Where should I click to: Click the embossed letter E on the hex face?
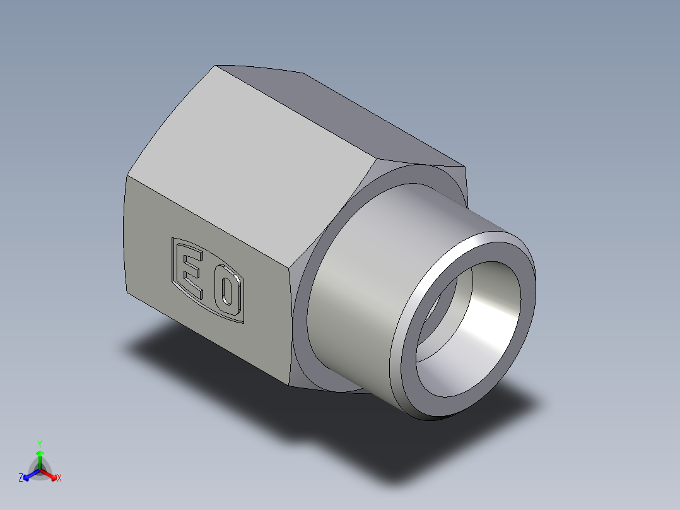(x=192, y=274)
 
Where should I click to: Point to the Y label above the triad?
(x=40, y=443)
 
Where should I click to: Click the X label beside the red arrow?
(x=59, y=478)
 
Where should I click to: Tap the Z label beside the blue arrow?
(x=21, y=478)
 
